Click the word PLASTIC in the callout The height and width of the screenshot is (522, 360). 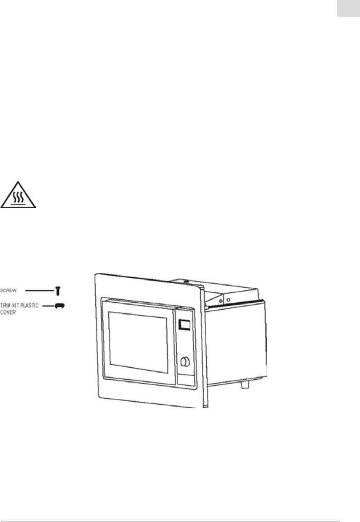pyautogui.click(x=30, y=306)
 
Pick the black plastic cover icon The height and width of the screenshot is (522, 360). pyautogui.click(x=59, y=306)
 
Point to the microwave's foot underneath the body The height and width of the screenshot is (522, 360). pyautogui.click(x=245, y=384)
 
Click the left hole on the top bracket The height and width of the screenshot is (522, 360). pyautogui.click(x=221, y=300)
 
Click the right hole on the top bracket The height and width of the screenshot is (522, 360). pyautogui.click(x=228, y=300)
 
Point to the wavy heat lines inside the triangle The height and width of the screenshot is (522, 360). pyautogui.click(x=19, y=198)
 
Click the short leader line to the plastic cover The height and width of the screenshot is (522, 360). pyautogui.click(x=48, y=306)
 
